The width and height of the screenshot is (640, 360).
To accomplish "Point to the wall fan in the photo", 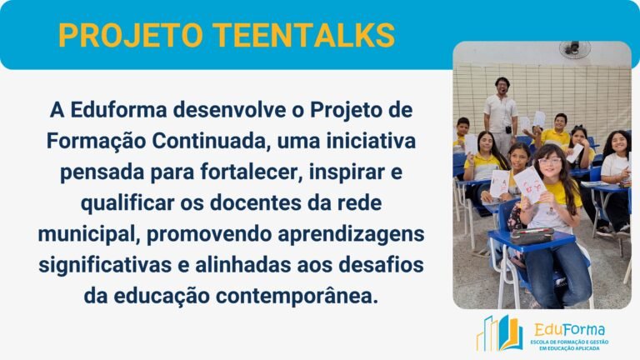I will [x=574, y=49].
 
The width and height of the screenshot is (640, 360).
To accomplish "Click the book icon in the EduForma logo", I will [x=499, y=332].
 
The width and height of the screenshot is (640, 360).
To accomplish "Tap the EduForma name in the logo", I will [x=570, y=329].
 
